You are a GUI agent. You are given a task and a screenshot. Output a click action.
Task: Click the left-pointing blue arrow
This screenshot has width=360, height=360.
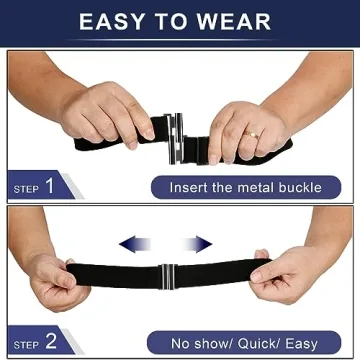[132, 244]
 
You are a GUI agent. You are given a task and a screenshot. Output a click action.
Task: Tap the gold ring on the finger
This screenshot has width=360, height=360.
[254, 132]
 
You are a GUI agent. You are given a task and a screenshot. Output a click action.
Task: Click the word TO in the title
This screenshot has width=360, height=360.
[178, 22]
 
